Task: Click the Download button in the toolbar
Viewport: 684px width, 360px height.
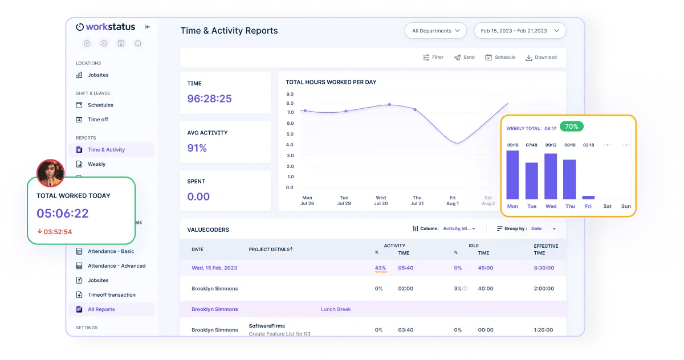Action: pos(541,58)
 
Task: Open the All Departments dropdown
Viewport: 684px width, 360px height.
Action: pos(435,31)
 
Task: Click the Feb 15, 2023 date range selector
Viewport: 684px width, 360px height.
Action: pos(520,31)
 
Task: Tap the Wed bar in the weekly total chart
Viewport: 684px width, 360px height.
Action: pos(551,176)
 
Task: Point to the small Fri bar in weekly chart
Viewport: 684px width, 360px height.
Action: pos(588,197)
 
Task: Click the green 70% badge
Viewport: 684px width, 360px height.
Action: pos(572,126)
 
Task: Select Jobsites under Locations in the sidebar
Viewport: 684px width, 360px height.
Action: pos(97,75)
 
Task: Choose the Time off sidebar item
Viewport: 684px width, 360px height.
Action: pos(97,120)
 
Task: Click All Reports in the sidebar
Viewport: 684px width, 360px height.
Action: pos(101,309)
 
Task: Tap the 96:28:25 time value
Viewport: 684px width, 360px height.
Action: pos(209,99)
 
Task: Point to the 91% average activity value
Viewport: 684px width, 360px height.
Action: pos(197,148)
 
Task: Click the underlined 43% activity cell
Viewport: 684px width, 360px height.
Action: pos(380,268)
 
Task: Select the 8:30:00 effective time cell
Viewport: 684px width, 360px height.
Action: pos(544,268)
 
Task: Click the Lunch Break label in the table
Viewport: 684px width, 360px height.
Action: pos(336,309)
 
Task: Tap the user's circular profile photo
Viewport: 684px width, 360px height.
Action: pos(50,173)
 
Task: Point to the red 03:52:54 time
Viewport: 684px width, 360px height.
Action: pos(58,232)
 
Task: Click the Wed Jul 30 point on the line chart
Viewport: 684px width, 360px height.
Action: pos(389,105)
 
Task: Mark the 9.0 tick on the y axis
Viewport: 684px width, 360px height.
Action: pos(290,94)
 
